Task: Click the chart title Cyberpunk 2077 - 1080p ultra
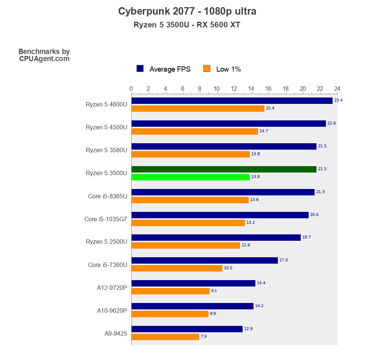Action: pos(187,11)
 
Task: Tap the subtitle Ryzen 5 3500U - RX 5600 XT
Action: pos(187,25)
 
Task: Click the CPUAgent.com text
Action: pos(44,59)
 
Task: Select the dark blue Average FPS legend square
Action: pos(140,68)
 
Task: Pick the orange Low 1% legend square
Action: pos(207,68)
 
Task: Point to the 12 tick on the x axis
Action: pos(234,89)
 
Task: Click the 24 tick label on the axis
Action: pos(337,89)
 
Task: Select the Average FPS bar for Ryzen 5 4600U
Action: pos(232,100)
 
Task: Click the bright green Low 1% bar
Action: pos(190,177)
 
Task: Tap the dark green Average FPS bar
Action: pos(224,169)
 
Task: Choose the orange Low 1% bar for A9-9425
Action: pos(165,337)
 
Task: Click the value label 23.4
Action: pos(338,100)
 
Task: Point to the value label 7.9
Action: pos(204,337)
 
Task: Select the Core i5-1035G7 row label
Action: pos(106,219)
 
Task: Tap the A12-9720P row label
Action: pos(112,288)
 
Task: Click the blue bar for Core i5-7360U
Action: pos(204,260)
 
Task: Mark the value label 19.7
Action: pos(306,237)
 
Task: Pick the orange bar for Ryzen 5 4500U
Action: pos(195,131)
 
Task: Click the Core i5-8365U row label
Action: pos(108,196)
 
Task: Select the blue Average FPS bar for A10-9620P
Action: pos(192,306)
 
